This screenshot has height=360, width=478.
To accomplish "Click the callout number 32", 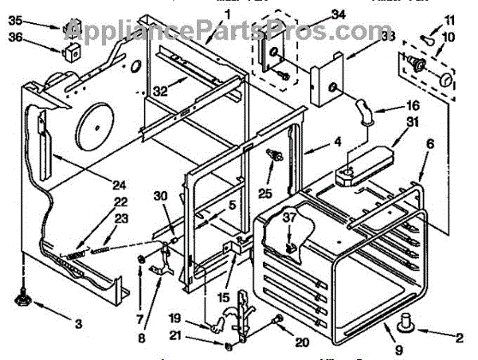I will point(159,91).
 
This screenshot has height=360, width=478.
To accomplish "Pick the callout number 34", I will point(315,14).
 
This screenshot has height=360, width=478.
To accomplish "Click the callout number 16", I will point(413,104).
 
